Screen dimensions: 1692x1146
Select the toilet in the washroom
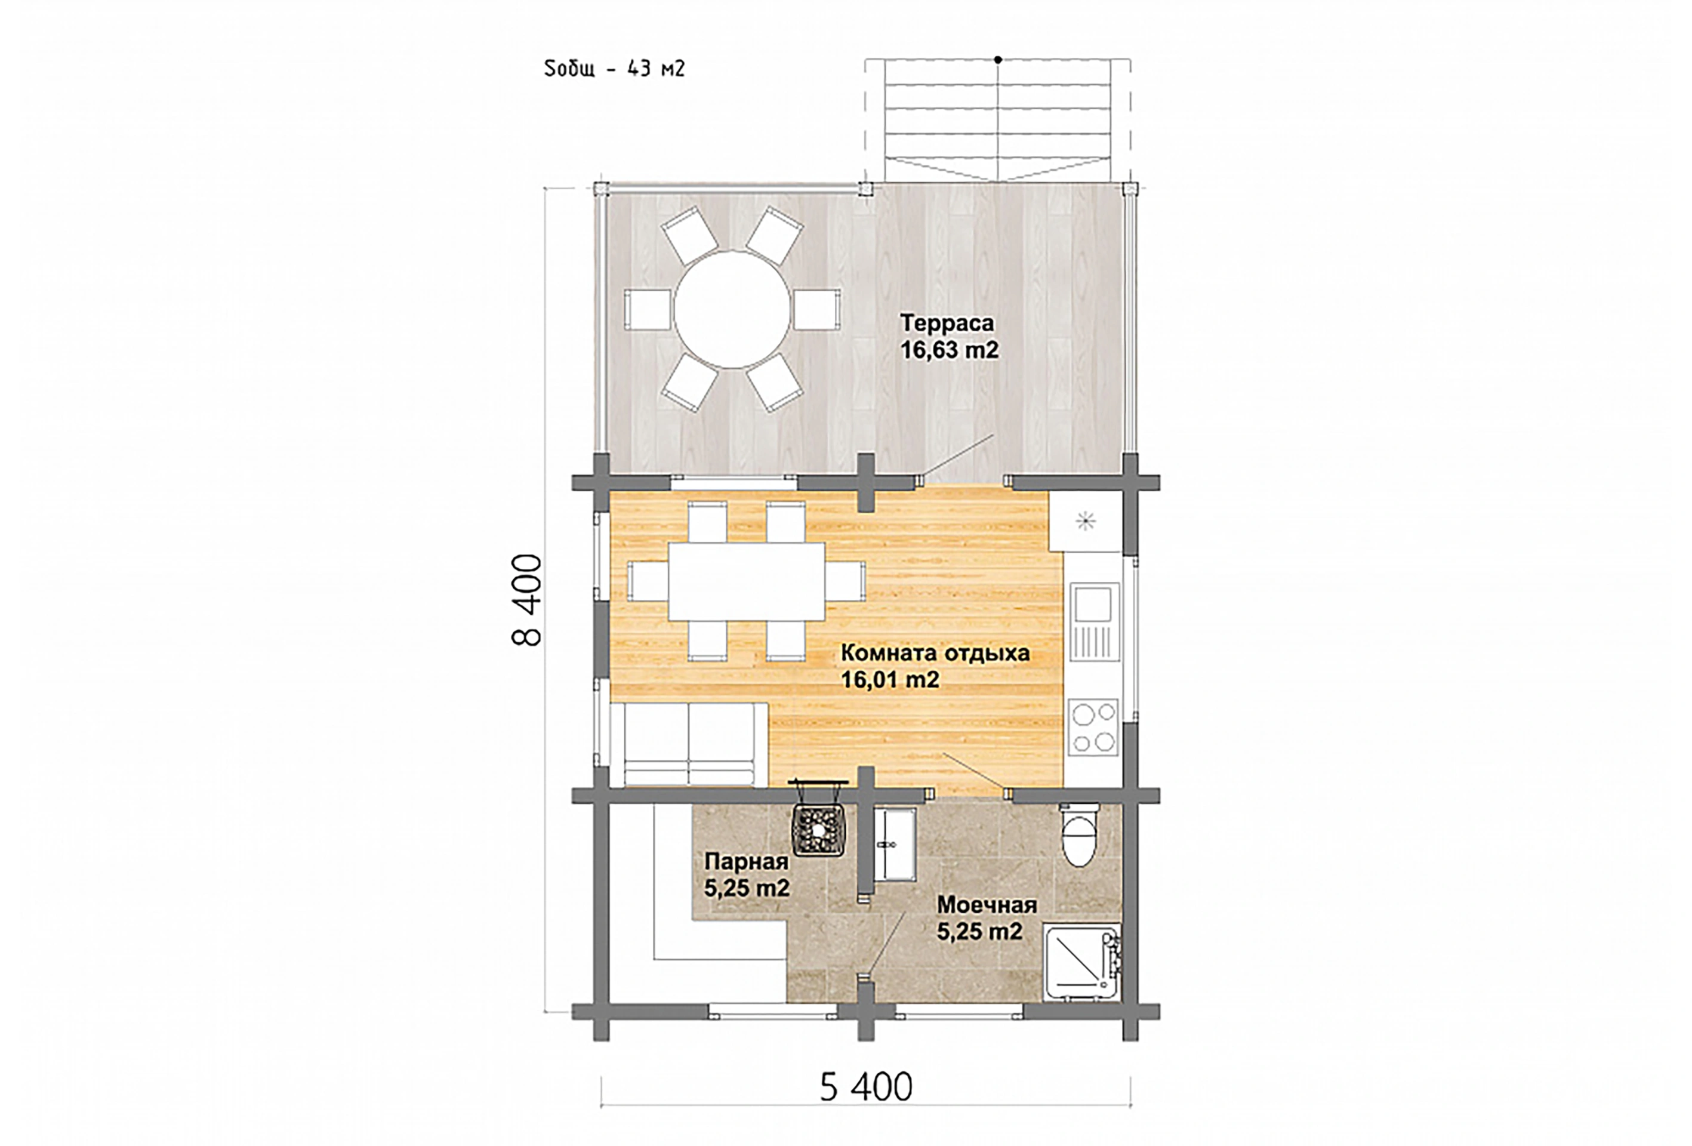(1078, 836)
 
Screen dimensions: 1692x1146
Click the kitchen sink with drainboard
(1094, 621)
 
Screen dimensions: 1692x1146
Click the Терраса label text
(947, 322)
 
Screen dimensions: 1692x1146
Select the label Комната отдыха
(935, 652)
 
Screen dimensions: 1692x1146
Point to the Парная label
(746, 861)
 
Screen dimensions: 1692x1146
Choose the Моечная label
(987, 904)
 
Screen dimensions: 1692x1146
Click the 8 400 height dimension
(527, 600)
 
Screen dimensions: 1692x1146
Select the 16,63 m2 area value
(950, 350)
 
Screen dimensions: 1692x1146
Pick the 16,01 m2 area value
(890, 680)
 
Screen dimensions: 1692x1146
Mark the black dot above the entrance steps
(997, 60)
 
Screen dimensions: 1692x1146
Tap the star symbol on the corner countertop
(1085, 520)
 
